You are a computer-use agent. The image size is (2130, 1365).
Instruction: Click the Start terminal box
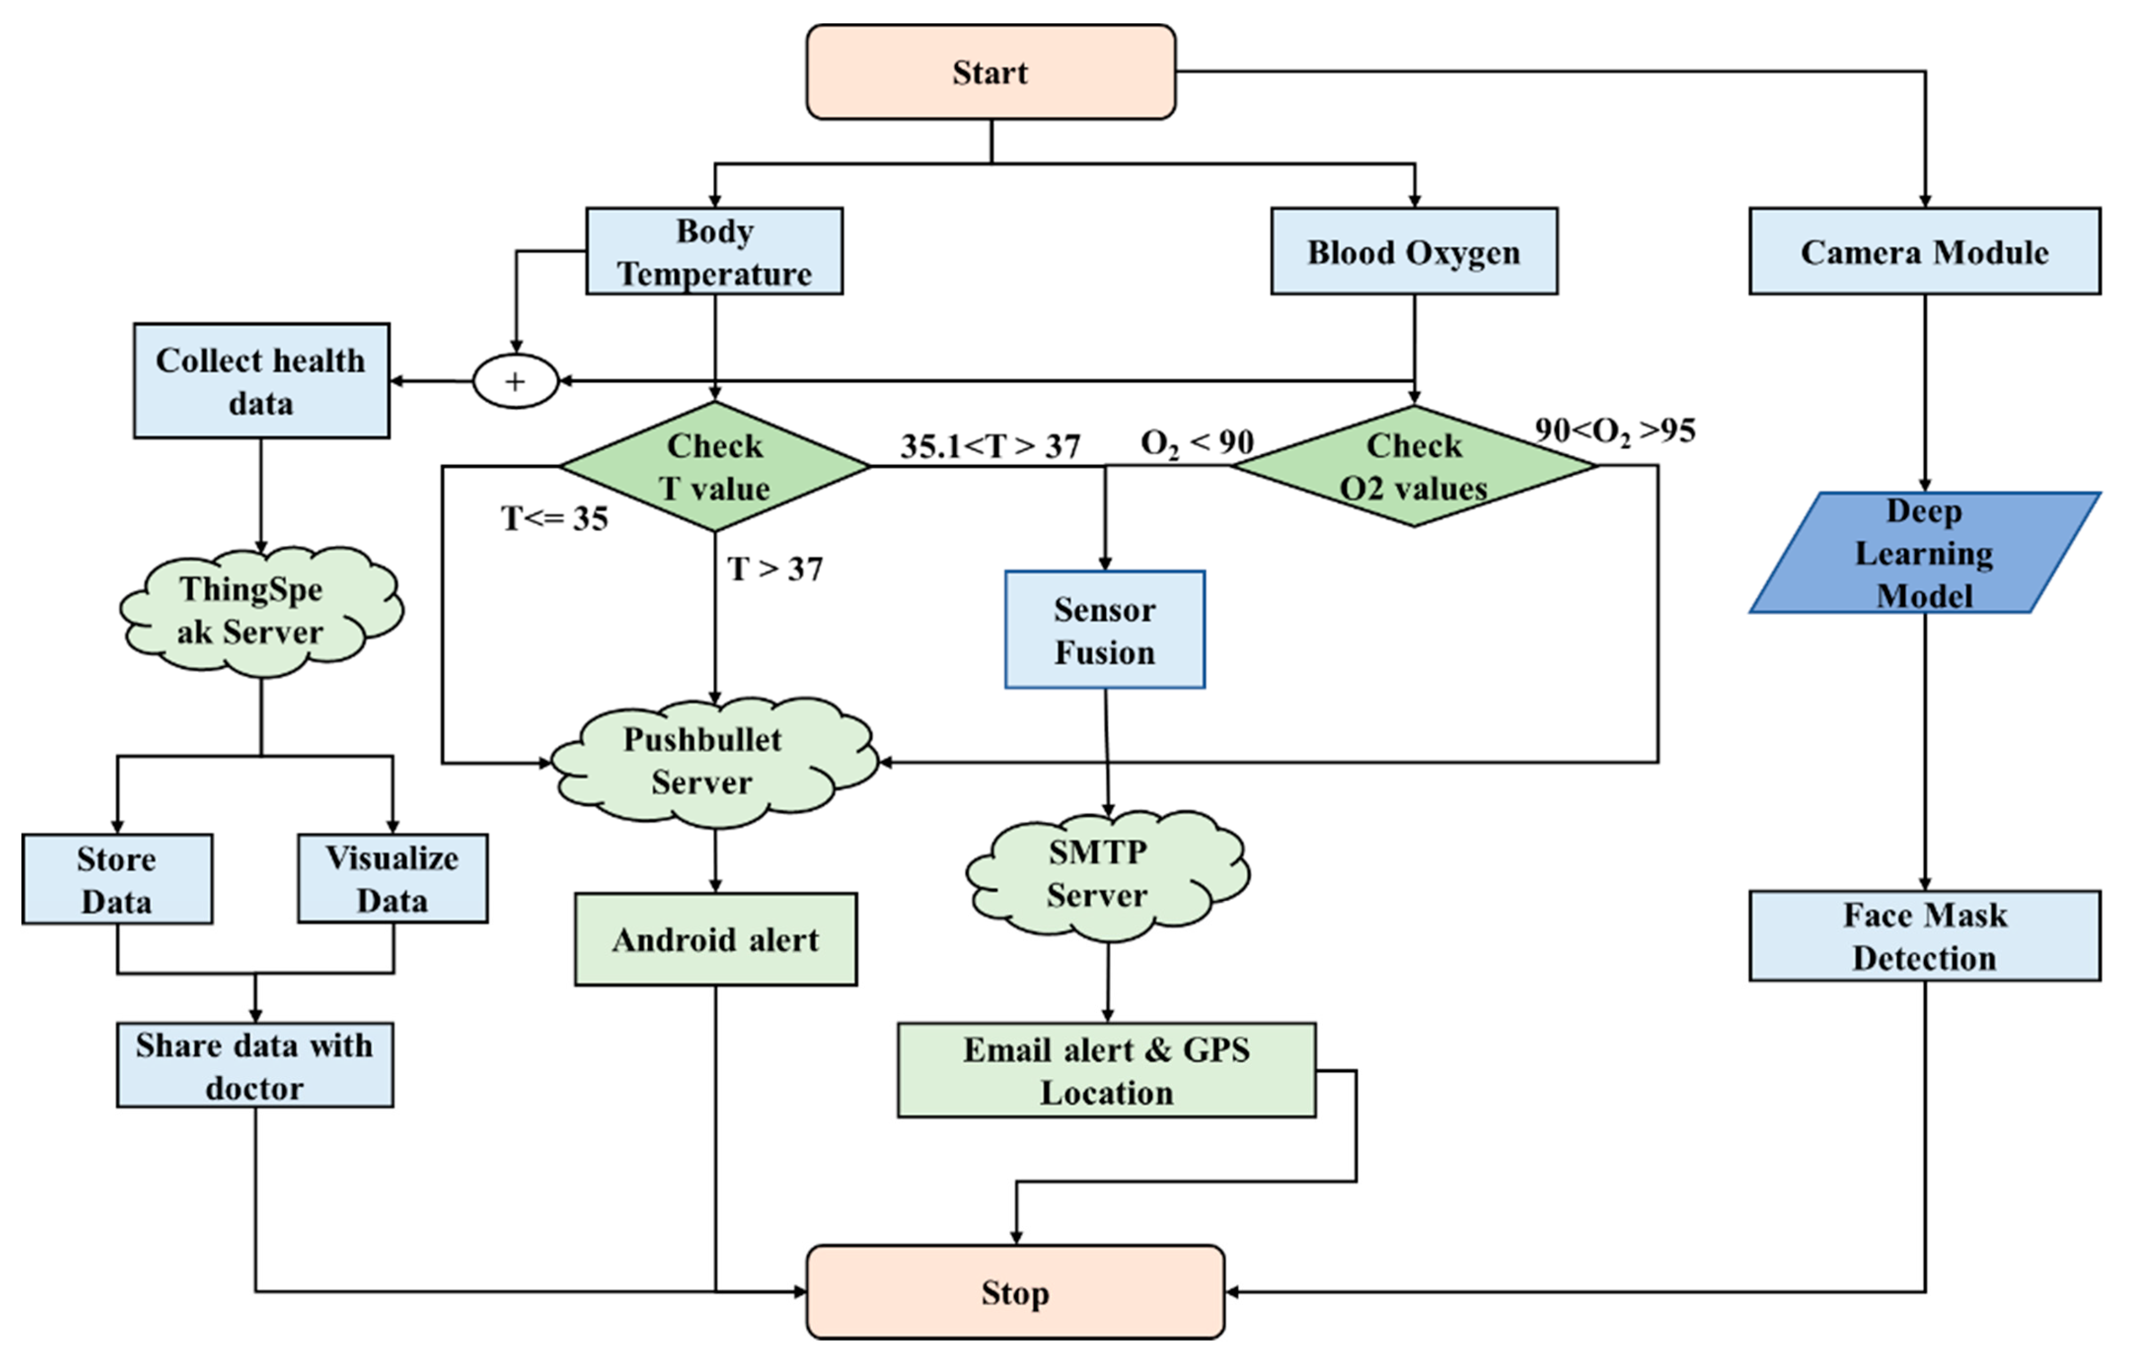(990, 72)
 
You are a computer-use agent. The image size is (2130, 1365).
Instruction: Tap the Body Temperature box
(714, 251)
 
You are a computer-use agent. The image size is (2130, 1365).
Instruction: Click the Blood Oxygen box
(1414, 251)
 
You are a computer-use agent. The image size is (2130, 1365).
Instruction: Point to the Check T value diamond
(714, 466)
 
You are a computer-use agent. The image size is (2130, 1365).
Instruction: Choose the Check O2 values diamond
(1414, 466)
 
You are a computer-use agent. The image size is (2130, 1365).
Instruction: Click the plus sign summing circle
(515, 381)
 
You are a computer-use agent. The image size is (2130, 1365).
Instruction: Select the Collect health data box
(260, 381)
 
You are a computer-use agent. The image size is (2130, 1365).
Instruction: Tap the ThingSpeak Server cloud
(257, 611)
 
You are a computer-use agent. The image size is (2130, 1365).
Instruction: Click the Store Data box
(117, 879)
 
